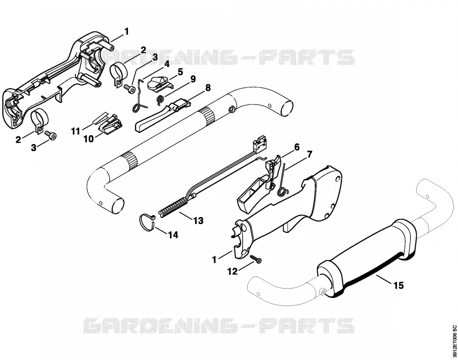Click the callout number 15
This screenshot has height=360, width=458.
[x=398, y=285]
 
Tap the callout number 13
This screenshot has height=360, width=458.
[x=198, y=221]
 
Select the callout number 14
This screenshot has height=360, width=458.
[x=173, y=234]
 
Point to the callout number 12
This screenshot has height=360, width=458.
[x=233, y=271]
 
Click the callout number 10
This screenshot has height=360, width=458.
[x=89, y=139]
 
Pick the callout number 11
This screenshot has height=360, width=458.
[x=76, y=131]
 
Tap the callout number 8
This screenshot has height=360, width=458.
[x=208, y=88]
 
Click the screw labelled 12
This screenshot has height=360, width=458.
[x=256, y=259]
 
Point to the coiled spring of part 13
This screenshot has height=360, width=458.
[x=172, y=207]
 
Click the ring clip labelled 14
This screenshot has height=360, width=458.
[x=146, y=222]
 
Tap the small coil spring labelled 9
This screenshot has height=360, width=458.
[x=160, y=100]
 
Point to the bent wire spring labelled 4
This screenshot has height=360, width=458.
[x=140, y=95]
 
